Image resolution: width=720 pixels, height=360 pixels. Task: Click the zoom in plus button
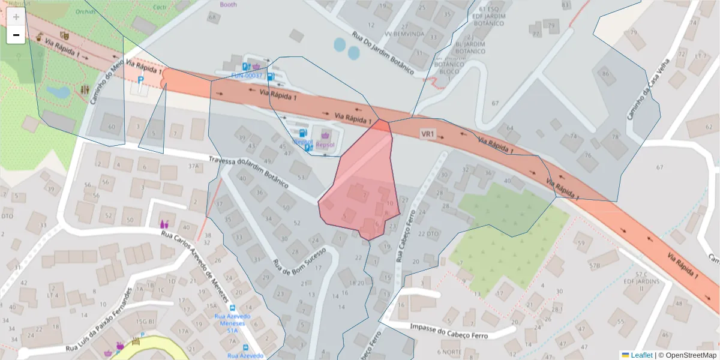(16, 17)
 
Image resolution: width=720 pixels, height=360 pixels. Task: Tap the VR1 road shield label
(427, 133)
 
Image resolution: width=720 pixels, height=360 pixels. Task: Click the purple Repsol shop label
(325, 145)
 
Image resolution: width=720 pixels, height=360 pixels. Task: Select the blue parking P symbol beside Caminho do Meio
(141, 79)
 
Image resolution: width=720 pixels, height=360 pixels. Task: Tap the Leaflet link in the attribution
(641, 355)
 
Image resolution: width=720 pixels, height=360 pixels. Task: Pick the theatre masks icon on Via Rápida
(65, 36)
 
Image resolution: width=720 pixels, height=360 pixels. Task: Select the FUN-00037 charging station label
(247, 76)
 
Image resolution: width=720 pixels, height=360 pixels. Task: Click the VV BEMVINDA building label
(404, 34)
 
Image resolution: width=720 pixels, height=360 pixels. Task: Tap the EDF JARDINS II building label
(640, 284)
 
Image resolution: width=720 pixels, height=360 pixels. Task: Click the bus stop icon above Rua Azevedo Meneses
(245, 348)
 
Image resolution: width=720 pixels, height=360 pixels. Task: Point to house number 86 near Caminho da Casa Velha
(606, 74)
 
